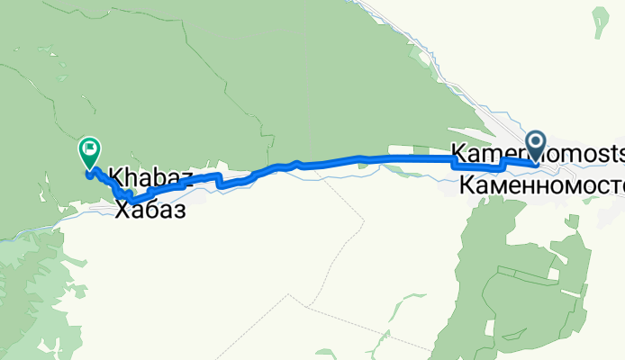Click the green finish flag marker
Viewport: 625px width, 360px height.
[x=90, y=151]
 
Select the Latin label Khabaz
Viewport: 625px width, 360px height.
[x=149, y=176]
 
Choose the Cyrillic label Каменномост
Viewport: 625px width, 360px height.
[x=540, y=186]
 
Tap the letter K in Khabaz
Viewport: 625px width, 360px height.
[x=115, y=176]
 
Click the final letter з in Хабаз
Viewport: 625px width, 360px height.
[x=179, y=211]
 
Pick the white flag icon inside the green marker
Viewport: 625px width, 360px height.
[x=90, y=148]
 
